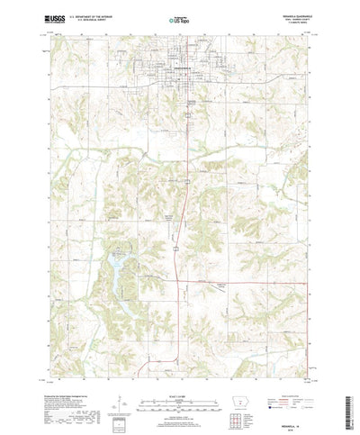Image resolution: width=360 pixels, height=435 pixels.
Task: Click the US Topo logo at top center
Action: (178, 17)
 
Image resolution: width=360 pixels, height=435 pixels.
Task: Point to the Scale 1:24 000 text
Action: (178, 368)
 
